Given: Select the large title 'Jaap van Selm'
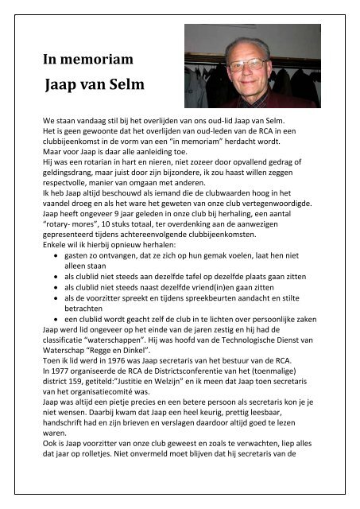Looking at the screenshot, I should [99, 84].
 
